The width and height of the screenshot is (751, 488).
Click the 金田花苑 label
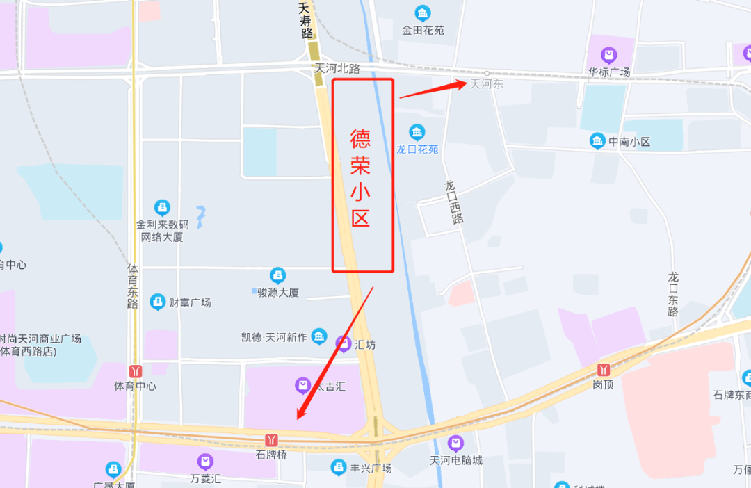423,30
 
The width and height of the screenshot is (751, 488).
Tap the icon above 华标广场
609,55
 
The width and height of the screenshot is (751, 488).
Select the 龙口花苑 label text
417,149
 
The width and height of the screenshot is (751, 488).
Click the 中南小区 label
629,142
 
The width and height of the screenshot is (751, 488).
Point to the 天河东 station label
487,84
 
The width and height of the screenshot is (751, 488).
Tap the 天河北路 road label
337,69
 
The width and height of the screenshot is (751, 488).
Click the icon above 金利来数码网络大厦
162,207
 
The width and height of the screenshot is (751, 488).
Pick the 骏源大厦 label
278,293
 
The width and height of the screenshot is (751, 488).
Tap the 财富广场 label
190,302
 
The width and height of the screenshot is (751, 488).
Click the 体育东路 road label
133,285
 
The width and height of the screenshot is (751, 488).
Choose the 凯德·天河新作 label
274,337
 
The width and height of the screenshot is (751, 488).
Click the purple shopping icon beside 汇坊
343,343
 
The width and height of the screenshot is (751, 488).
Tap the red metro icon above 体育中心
135,371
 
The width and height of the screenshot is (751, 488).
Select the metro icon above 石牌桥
271,440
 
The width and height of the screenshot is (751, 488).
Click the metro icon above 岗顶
604,369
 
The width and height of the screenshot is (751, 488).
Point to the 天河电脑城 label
455,460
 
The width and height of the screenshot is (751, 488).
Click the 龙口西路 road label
454,202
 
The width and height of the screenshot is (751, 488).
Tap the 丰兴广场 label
371,468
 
